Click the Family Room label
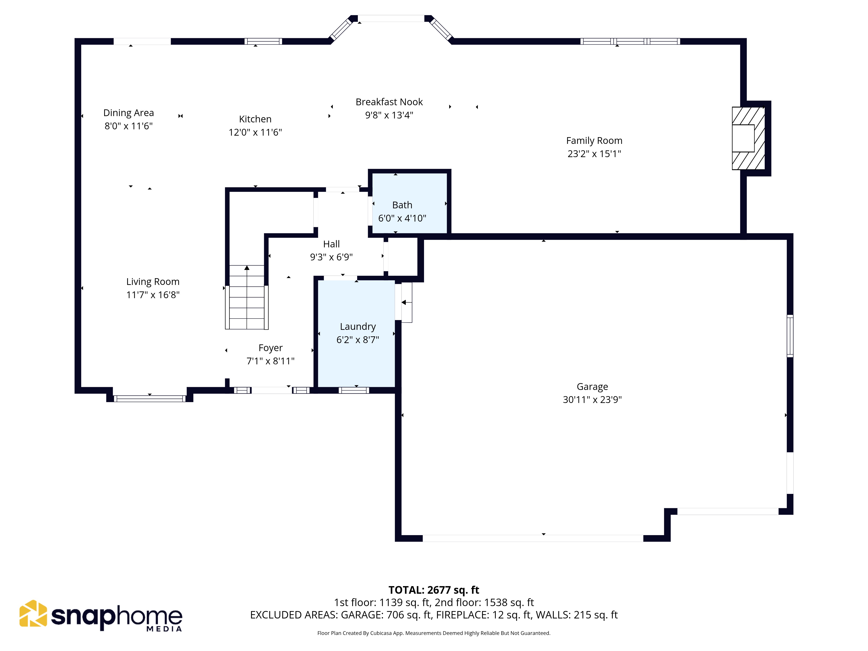[x=594, y=140]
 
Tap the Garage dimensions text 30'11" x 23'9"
[x=592, y=399]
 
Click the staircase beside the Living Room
[x=247, y=297]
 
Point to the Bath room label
[x=402, y=205]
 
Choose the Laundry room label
[x=358, y=327]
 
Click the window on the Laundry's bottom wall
[x=354, y=390]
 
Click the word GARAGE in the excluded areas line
[x=362, y=615]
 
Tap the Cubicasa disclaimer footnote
[x=434, y=633]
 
